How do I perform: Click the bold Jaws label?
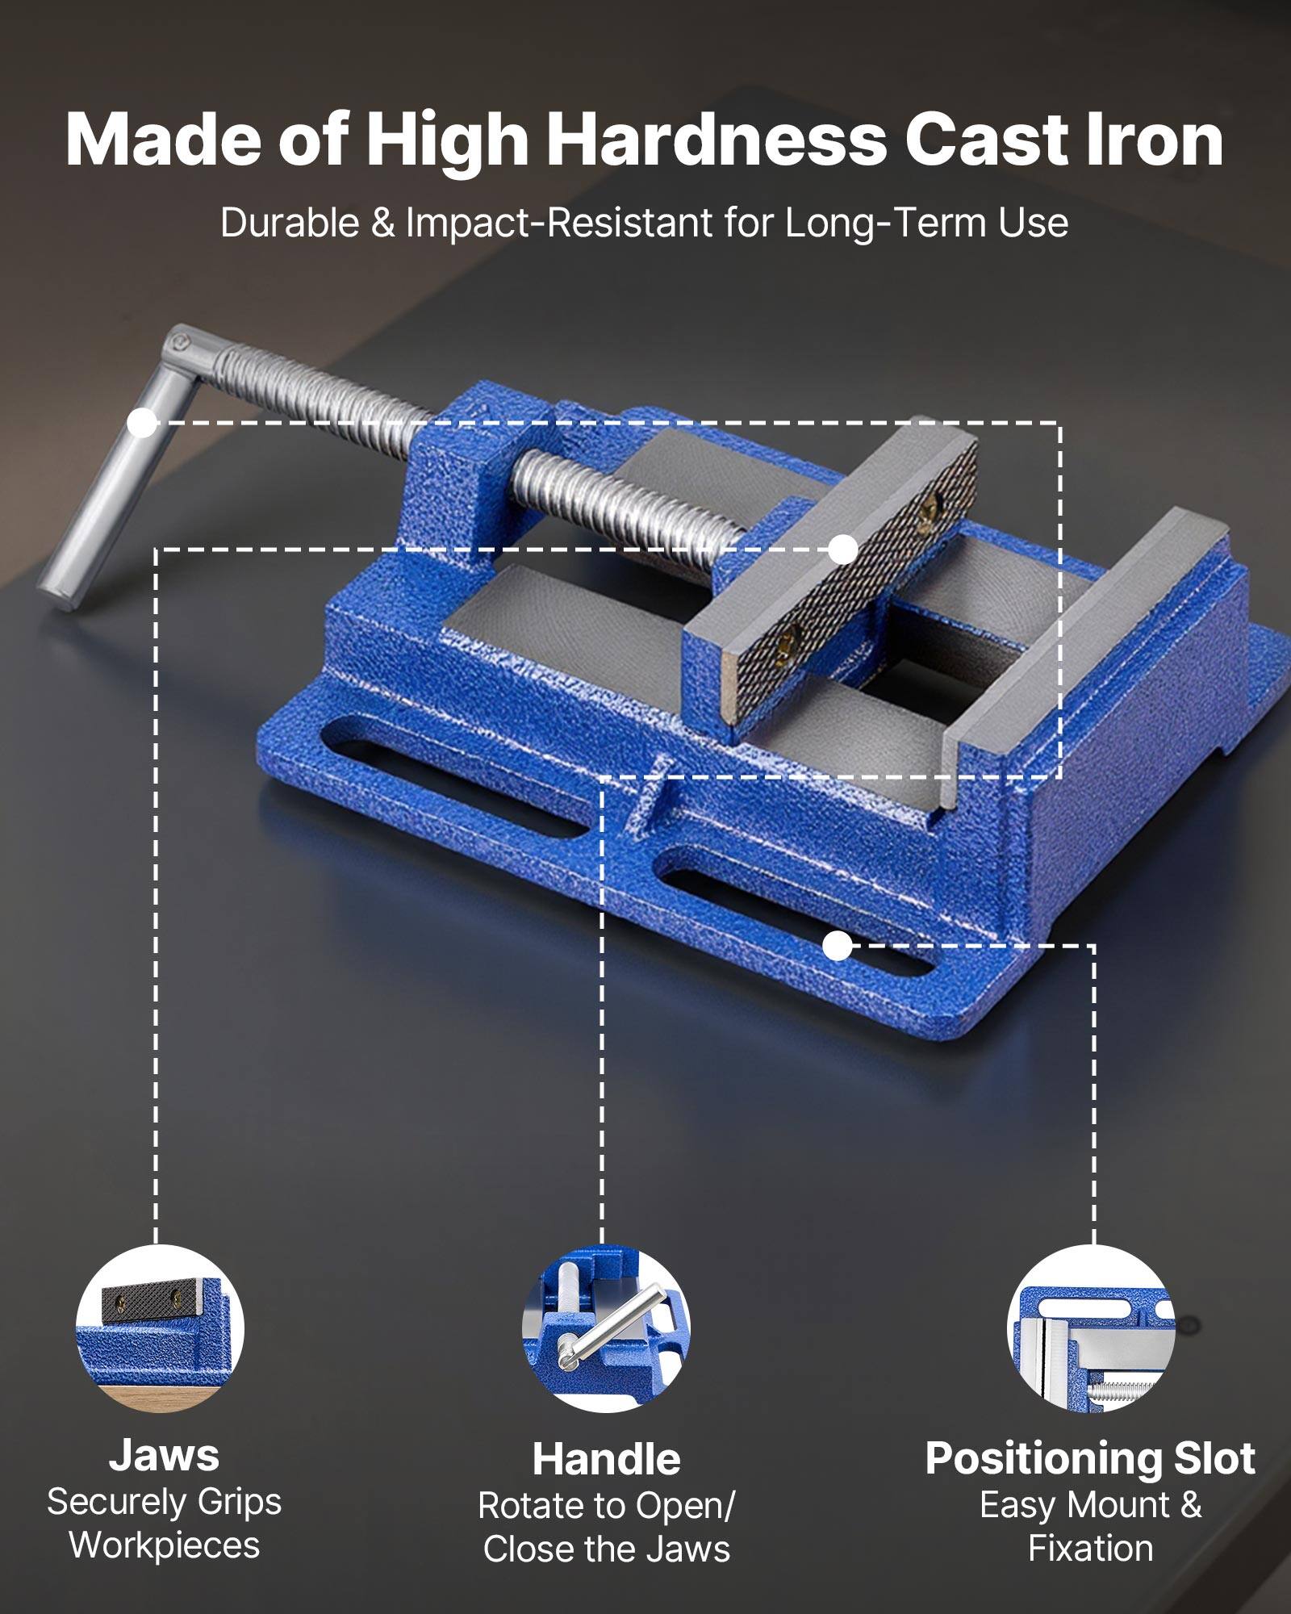pyautogui.click(x=164, y=1454)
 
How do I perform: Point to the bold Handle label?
pyautogui.click(x=606, y=1459)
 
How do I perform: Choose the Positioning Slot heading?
pyautogui.click(x=1090, y=1458)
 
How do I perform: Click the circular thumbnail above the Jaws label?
pyautogui.click(x=160, y=1328)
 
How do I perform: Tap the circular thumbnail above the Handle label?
pyautogui.click(x=606, y=1328)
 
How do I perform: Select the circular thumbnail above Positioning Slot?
pyautogui.click(x=1091, y=1328)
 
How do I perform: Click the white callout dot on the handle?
pyautogui.click(x=143, y=423)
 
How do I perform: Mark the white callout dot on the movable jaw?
pyautogui.click(x=843, y=550)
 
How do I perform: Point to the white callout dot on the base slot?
pyautogui.click(x=838, y=946)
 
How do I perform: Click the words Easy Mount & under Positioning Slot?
pyautogui.click(x=1090, y=1505)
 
